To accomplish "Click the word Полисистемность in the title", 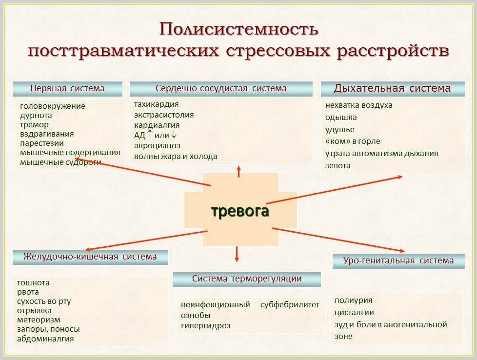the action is click(x=239, y=30).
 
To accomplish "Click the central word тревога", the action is click(x=240, y=211).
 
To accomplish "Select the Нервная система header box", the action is click(x=67, y=89).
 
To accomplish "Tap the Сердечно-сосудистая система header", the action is click(x=221, y=89).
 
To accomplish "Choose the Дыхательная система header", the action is click(x=393, y=89).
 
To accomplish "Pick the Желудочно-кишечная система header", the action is click(x=90, y=257).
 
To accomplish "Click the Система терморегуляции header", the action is click(x=247, y=279).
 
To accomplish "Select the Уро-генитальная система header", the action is click(x=398, y=261).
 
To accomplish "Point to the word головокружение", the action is click(x=53, y=106).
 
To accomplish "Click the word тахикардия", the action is click(x=157, y=104).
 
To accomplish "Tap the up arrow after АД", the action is click(x=150, y=134).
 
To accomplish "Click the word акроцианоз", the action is click(x=157, y=146).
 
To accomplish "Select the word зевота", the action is click(x=338, y=166).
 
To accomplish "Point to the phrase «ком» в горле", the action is click(x=353, y=141).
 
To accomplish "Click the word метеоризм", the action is click(x=39, y=320).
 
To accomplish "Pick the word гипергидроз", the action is click(x=206, y=326).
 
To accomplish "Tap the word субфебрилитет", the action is click(x=290, y=304).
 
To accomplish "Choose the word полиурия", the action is click(x=354, y=300).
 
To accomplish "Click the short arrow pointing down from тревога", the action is click(x=237, y=254).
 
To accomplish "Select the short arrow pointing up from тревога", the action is click(x=239, y=172).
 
